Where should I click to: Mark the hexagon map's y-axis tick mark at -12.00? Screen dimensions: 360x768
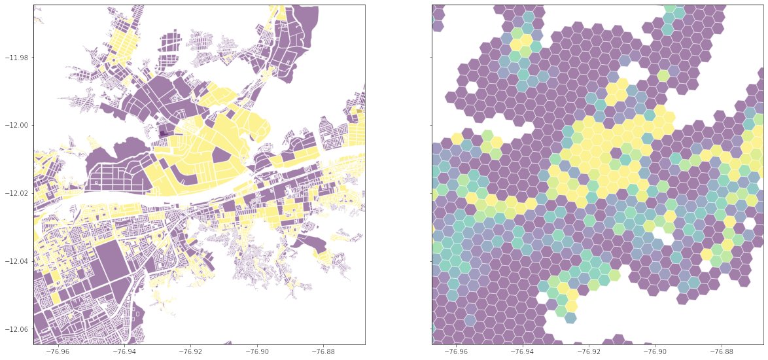[x=430, y=125]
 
